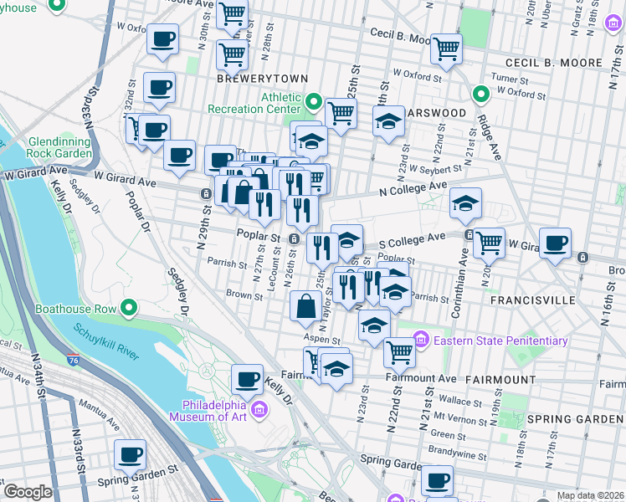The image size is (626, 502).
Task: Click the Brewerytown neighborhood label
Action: click(251, 75)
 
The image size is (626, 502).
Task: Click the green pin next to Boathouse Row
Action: click(128, 309)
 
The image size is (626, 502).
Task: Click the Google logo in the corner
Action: click(28, 492)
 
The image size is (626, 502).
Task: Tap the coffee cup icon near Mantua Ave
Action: click(130, 455)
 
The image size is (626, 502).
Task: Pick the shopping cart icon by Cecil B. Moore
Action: click(447, 48)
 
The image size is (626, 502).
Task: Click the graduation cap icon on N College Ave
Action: click(465, 202)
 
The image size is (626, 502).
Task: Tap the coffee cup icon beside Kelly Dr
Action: click(247, 379)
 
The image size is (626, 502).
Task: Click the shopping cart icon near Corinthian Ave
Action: click(489, 243)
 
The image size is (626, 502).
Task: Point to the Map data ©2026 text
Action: click(589, 495)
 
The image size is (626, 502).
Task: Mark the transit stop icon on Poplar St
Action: click(294, 240)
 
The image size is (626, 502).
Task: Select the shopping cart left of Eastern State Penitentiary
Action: click(400, 351)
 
